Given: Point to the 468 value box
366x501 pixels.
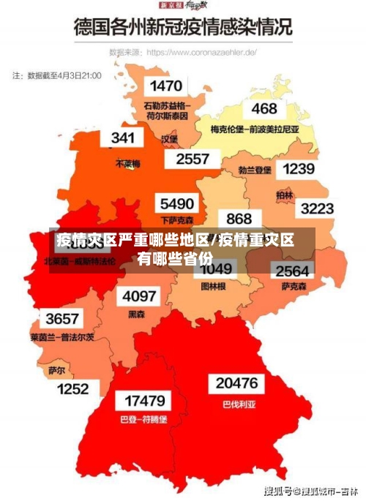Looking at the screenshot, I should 264,109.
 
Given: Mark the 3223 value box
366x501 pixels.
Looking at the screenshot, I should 318,208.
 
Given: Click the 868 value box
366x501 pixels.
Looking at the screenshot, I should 239,219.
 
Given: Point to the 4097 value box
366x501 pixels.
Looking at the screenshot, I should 139,296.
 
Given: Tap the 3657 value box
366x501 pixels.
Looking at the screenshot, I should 62,320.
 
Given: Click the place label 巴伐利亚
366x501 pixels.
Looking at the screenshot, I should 236,403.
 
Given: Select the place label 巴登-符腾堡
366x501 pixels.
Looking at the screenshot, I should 143,420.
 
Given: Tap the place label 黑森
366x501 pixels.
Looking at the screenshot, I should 137,314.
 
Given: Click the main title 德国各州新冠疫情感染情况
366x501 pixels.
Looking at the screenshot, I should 183,27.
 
